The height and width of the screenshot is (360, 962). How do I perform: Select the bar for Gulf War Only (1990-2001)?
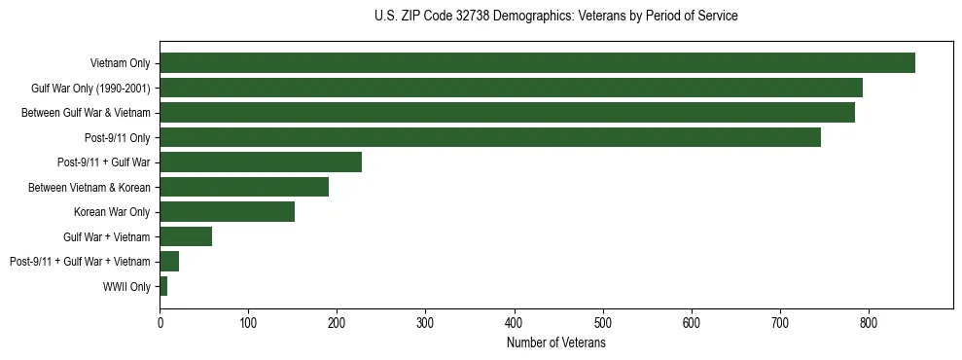511,88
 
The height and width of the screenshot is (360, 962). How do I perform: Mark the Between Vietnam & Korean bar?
244,187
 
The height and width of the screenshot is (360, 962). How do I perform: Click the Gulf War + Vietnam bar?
186,236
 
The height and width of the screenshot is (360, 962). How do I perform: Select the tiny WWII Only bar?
163,286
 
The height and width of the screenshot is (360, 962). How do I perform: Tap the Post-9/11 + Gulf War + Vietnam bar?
169,262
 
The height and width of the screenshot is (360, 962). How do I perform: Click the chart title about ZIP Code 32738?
555,17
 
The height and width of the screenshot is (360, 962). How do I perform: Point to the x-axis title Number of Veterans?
555,343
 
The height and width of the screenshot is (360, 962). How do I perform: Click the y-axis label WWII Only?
126,287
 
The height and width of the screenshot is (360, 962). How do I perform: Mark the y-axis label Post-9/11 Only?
117,137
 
